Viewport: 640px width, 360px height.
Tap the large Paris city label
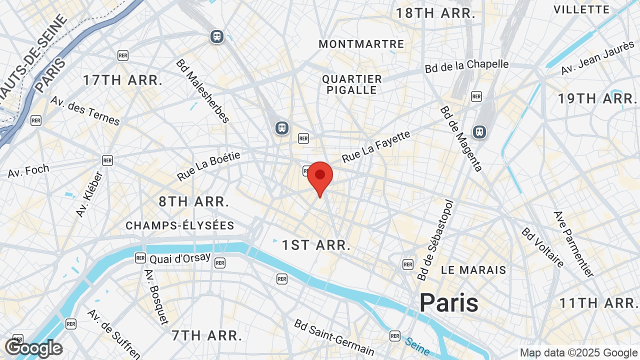(x=448, y=303)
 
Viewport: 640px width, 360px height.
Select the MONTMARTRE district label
(x=361, y=44)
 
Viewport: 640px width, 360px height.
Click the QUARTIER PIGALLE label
(x=352, y=84)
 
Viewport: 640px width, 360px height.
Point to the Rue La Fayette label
(x=376, y=146)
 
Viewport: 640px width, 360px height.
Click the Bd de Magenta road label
(x=461, y=138)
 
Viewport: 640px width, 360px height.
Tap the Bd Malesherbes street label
(x=202, y=91)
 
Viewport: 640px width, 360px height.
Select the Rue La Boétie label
(x=208, y=166)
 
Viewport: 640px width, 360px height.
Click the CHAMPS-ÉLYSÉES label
(x=180, y=225)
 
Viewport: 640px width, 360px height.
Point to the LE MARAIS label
(x=473, y=270)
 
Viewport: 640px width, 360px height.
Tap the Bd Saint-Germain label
(x=334, y=337)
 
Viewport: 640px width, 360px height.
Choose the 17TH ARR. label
(x=122, y=80)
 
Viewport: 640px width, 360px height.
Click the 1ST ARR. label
(x=316, y=245)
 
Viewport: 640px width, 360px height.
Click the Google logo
(x=33, y=348)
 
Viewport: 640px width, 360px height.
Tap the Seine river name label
(x=417, y=342)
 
